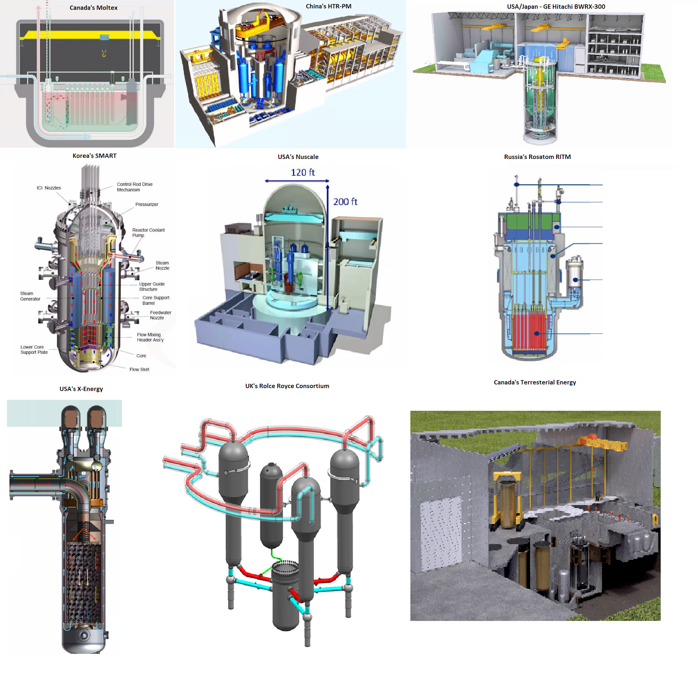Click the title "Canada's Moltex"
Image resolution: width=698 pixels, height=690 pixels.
point(93,8)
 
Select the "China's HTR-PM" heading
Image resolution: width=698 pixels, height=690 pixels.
point(328,6)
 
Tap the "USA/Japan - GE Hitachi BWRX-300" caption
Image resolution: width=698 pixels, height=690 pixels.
point(556,7)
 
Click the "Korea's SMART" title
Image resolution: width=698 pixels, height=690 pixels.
point(94,155)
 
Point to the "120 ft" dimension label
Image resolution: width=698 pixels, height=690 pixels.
point(303,172)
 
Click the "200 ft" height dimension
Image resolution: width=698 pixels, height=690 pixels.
point(345,202)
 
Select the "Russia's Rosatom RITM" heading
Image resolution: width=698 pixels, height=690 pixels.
point(537,157)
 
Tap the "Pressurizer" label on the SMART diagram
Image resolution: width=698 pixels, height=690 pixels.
point(147,204)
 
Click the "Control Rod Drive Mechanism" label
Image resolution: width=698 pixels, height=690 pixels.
point(135,187)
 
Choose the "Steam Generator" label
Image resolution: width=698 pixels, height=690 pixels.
point(30,296)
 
